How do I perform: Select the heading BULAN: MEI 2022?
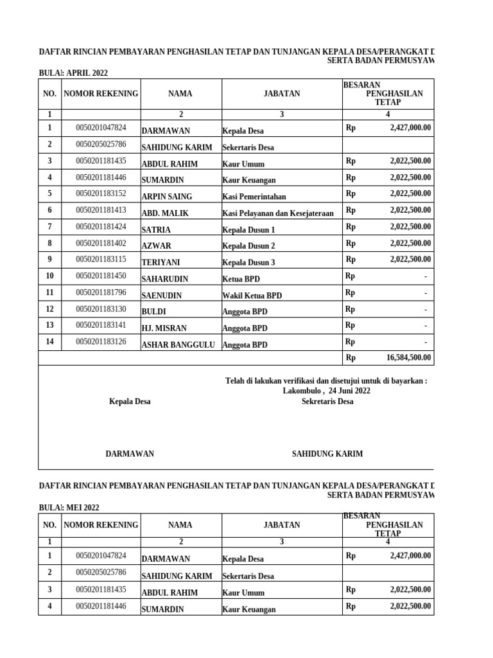coord(69,507)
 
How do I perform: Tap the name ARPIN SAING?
coord(166,197)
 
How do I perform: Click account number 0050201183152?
coord(101,193)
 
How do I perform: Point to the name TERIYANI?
coord(160,262)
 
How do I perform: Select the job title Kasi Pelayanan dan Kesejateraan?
coord(277,213)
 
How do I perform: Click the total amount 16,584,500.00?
coord(408,358)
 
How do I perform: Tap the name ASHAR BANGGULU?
coord(178,344)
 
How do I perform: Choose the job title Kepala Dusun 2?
coord(248,246)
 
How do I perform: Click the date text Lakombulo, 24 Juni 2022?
coord(326,391)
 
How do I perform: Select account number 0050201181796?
coord(101,292)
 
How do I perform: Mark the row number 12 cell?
coord(49,309)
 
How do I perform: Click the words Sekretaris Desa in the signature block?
coord(327,402)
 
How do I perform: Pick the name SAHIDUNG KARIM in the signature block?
coord(327,454)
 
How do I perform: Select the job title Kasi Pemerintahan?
coord(254,197)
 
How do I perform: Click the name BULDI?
coord(153,312)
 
